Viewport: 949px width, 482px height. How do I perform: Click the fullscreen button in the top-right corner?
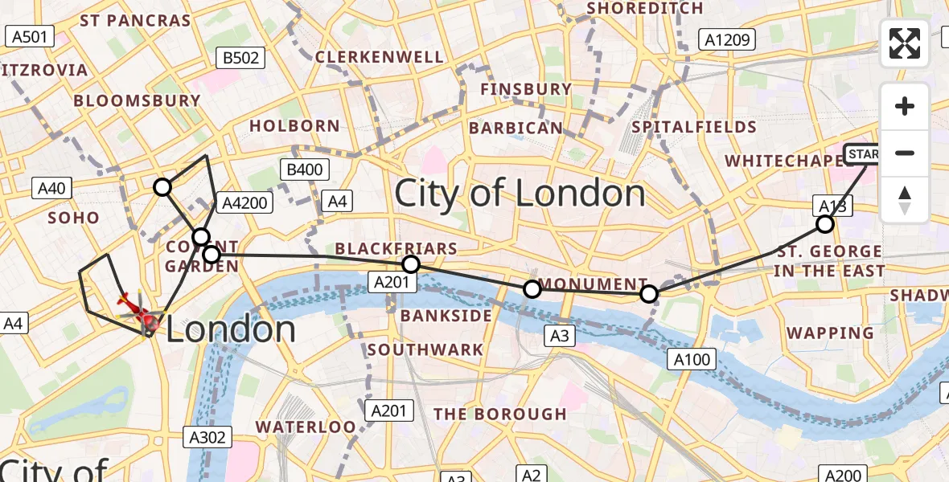[905, 43]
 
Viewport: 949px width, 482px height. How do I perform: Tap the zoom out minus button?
[905, 153]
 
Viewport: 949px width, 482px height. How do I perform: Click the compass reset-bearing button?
[905, 200]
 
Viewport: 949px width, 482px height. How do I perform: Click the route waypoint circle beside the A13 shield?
[824, 224]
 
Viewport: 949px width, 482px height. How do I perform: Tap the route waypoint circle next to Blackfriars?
[411, 264]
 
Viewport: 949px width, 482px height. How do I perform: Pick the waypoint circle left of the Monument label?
[532, 289]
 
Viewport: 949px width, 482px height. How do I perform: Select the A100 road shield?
[692, 359]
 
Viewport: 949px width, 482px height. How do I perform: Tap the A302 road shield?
[207, 437]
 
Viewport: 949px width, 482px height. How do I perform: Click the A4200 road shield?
[242, 202]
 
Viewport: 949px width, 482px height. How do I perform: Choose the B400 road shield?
[304, 170]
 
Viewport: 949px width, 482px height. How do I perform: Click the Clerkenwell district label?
[379, 57]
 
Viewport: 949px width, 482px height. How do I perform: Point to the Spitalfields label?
[694, 127]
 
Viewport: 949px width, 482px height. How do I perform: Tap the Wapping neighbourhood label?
[830, 333]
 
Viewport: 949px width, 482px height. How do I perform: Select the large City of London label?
[520, 194]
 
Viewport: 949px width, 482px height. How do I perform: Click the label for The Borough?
[500, 415]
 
